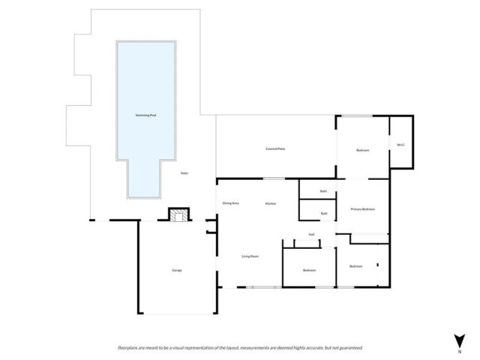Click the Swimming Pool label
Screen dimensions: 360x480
tap(145, 115)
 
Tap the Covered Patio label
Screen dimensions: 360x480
tap(275, 149)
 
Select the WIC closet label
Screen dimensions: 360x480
tap(400, 145)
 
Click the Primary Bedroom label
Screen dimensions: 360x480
tap(363, 208)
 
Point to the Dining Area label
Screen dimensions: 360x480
tap(230, 203)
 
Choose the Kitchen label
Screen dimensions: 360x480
tap(271, 203)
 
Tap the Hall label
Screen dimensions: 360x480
tap(311, 234)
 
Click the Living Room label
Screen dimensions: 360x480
tap(250, 256)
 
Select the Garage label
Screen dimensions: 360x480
tap(177, 270)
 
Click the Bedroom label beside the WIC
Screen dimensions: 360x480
tap(363, 151)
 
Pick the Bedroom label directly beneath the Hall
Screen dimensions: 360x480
tap(309, 270)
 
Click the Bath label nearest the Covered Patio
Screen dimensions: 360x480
tap(323, 191)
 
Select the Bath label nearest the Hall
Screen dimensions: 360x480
tap(323, 214)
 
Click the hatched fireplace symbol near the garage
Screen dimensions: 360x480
tap(178, 216)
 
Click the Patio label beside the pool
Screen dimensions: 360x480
tap(184, 173)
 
